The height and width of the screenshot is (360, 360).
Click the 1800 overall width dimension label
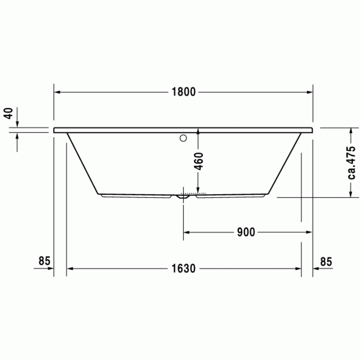(x=184, y=92)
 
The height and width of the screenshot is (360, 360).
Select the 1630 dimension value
(x=184, y=268)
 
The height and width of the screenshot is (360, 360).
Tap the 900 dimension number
(x=246, y=232)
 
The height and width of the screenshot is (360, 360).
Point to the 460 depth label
(x=199, y=161)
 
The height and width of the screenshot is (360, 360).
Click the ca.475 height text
(x=351, y=162)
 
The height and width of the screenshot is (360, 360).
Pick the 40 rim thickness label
(x=8, y=113)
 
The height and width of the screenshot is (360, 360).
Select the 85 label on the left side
(x=44, y=261)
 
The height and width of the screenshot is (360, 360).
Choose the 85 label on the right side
(x=326, y=261)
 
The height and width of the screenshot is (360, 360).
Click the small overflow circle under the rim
(x=183, y=138)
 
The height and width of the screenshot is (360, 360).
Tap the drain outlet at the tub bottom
(x=183, y=196)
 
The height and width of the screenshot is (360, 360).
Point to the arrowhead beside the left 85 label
(x=50, y=268)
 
